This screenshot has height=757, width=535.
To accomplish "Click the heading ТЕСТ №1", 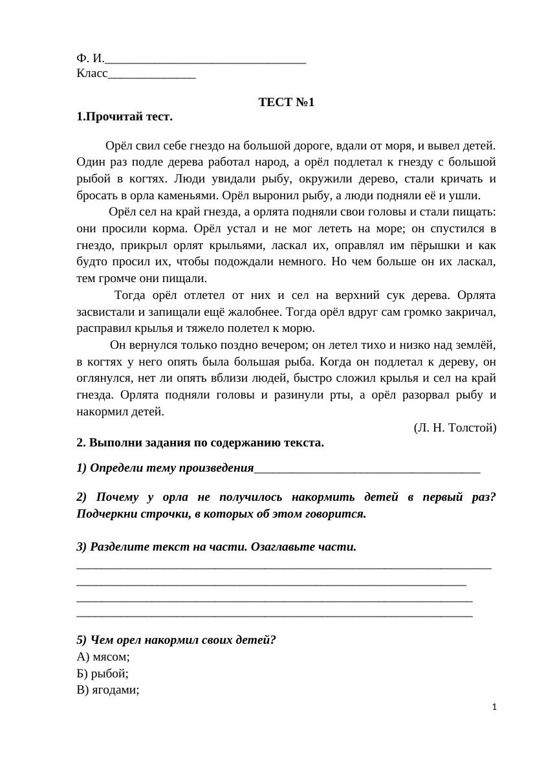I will coord(286,102).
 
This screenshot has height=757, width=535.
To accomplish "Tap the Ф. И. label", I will coord(89,59).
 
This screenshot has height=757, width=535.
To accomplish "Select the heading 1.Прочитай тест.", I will coord(124,117).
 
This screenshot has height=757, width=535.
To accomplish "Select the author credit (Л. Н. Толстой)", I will coord(455,428).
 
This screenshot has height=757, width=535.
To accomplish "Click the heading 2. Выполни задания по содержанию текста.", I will coord(200,443).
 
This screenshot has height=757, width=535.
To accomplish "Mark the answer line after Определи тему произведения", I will coord(367,470).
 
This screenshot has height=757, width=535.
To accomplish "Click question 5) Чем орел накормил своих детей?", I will coord(176,641).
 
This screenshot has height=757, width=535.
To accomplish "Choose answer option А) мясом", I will coord(103,657).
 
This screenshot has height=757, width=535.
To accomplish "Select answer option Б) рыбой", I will coord(102,673).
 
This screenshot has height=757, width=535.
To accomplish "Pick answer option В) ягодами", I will coord(107,690).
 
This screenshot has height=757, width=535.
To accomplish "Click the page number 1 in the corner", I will coord(494,708).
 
